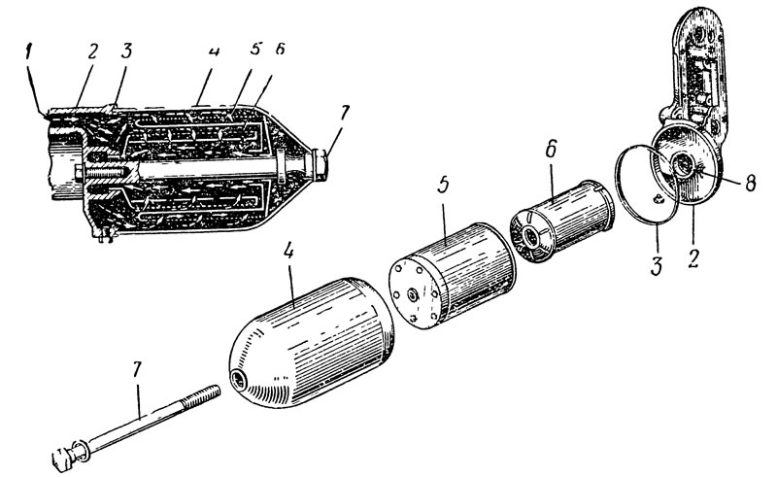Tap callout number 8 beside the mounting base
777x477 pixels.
[750, 184]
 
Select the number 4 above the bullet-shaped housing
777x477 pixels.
[288, 252]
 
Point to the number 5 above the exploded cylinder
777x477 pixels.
[443, 185]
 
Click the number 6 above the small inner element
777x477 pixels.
[553, 149]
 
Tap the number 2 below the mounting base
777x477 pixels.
[693, 258]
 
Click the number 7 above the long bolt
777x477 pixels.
[137, 370]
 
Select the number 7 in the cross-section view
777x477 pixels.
[344, 113]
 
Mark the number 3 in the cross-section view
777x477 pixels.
[127, 51]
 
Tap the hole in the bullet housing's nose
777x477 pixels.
[238, 380]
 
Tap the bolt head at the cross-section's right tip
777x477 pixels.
[320, 164]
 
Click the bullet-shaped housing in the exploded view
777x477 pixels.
[312, 342]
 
